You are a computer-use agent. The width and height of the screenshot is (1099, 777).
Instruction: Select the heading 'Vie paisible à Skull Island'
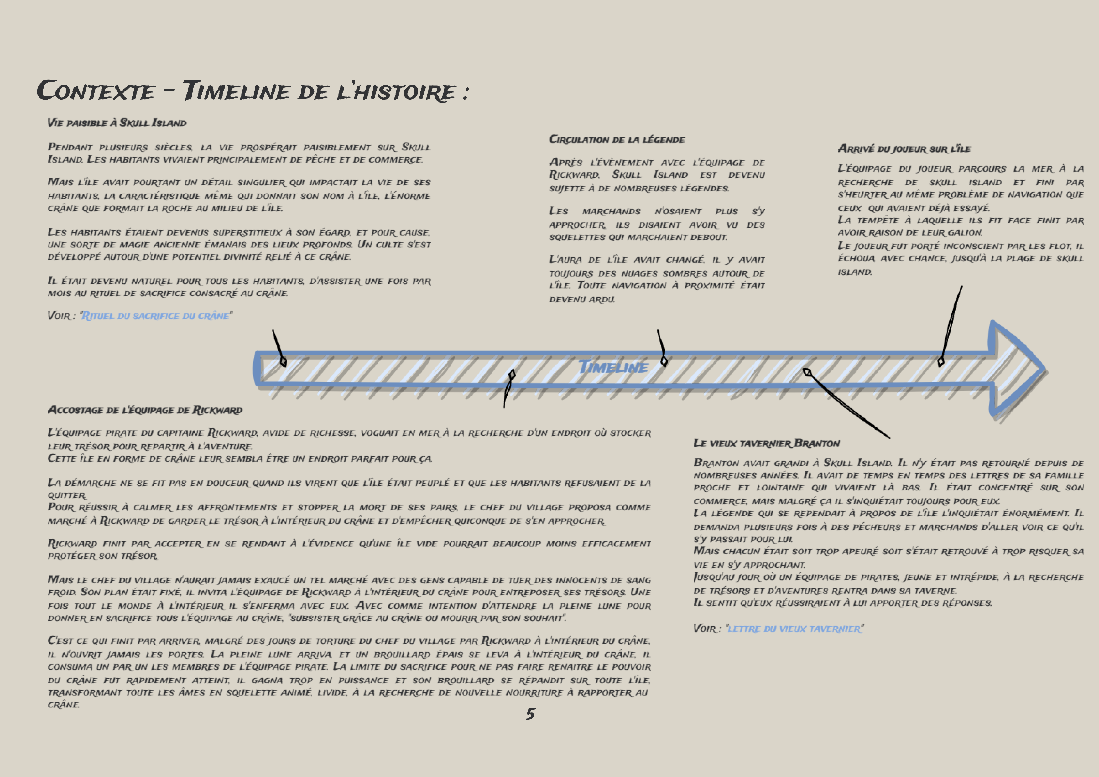pyautogui.click(x=117, y=123)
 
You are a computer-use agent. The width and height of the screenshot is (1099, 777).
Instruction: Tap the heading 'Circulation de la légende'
pyautogui.click(x=617, y=140)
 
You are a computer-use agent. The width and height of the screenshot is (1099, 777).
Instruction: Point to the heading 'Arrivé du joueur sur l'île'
pyautogui.click(x=904, y=149)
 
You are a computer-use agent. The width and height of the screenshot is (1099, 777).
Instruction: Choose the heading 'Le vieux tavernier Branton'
pyautogui.click(x=766, y=443)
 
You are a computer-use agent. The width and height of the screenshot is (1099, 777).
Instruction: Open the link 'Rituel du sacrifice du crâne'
pyautogui.click(x=156, y=316)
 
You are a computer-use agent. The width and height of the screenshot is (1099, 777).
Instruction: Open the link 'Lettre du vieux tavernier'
pyautogui.click(x=794, y=629)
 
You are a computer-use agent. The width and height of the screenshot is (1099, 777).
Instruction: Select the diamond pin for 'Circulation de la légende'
pyautogui.click(x=664, y=361)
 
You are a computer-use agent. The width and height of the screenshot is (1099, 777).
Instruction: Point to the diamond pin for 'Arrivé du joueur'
pyautogui.click(x=940, y=362)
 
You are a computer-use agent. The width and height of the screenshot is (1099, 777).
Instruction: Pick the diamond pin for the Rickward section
pyautogui.click(x=512, y=374)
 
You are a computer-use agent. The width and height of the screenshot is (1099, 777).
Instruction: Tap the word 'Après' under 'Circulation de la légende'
pyautogui.click(x=566, y=163)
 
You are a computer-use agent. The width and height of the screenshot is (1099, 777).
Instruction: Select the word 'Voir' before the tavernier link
pyautogui.click(x=705, y=629)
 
